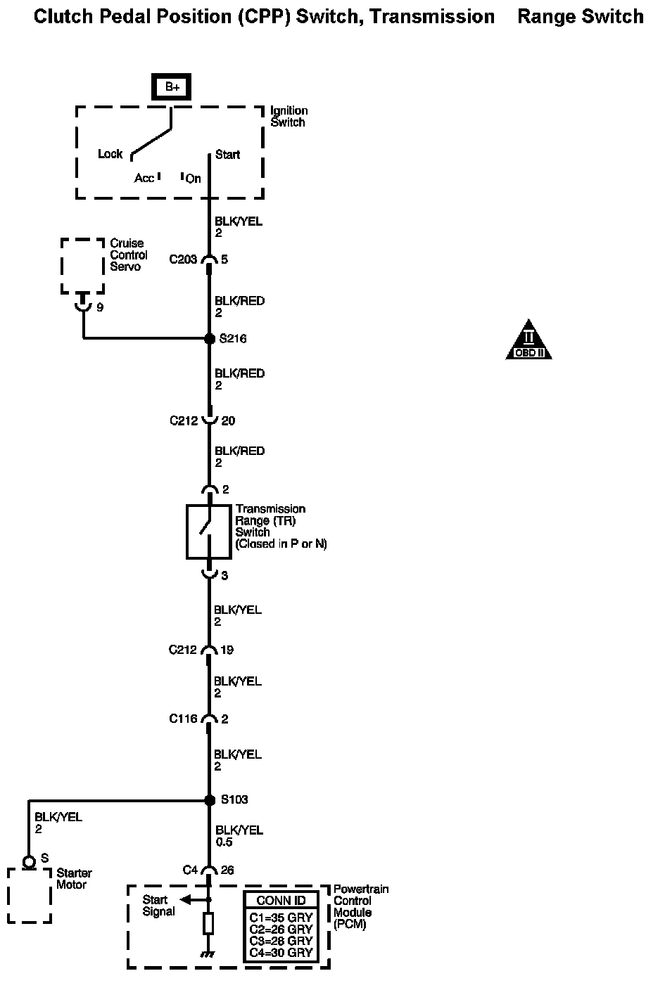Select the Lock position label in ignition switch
point(110,154)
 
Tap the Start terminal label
point(228,155)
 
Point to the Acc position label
point(144,179)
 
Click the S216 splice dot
point(209,339)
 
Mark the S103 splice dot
point(209,800)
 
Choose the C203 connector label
point(183,259)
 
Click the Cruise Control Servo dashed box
point(82,266)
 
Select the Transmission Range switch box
point(208,532)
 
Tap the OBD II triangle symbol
point(528,341)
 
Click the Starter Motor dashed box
point(30,895)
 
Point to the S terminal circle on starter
point(29,861)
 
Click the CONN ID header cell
point(280,901)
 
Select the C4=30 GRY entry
point(281,953)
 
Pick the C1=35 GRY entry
point(281,917)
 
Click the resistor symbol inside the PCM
point(208,924)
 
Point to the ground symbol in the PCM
point(208,955)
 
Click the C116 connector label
point(183,719)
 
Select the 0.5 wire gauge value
point(224,842)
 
